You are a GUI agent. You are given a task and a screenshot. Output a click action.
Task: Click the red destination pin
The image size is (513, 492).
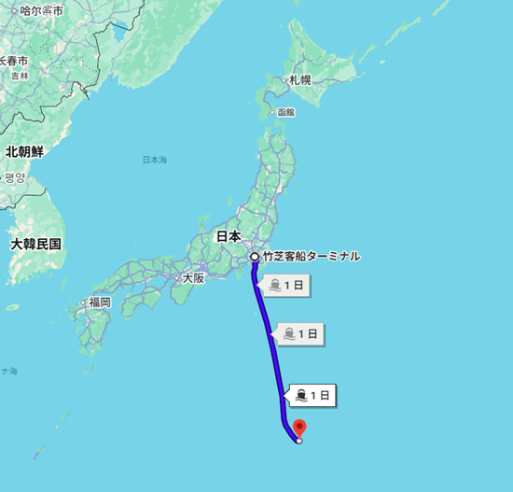298,429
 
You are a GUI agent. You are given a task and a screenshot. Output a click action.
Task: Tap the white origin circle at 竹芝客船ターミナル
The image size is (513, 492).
254,256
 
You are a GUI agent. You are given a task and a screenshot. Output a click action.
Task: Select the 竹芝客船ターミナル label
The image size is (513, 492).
311,256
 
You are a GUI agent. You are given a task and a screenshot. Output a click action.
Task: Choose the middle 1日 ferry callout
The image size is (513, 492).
300,332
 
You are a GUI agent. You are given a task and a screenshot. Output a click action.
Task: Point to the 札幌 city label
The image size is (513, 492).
299,80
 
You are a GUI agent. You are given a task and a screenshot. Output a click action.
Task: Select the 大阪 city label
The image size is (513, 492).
192,277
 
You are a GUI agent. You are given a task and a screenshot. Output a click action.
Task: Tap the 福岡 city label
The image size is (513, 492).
99,302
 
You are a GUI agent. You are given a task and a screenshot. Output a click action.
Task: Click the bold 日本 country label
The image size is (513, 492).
229,236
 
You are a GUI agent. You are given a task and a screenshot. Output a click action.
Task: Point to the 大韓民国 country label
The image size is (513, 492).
36,244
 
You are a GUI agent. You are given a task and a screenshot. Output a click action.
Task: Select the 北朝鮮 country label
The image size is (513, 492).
25,151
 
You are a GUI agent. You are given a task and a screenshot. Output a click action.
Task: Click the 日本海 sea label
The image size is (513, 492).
154,161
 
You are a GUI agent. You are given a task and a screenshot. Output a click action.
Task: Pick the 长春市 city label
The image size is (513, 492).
13,60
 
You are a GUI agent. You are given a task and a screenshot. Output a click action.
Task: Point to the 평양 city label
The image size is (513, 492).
15,177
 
